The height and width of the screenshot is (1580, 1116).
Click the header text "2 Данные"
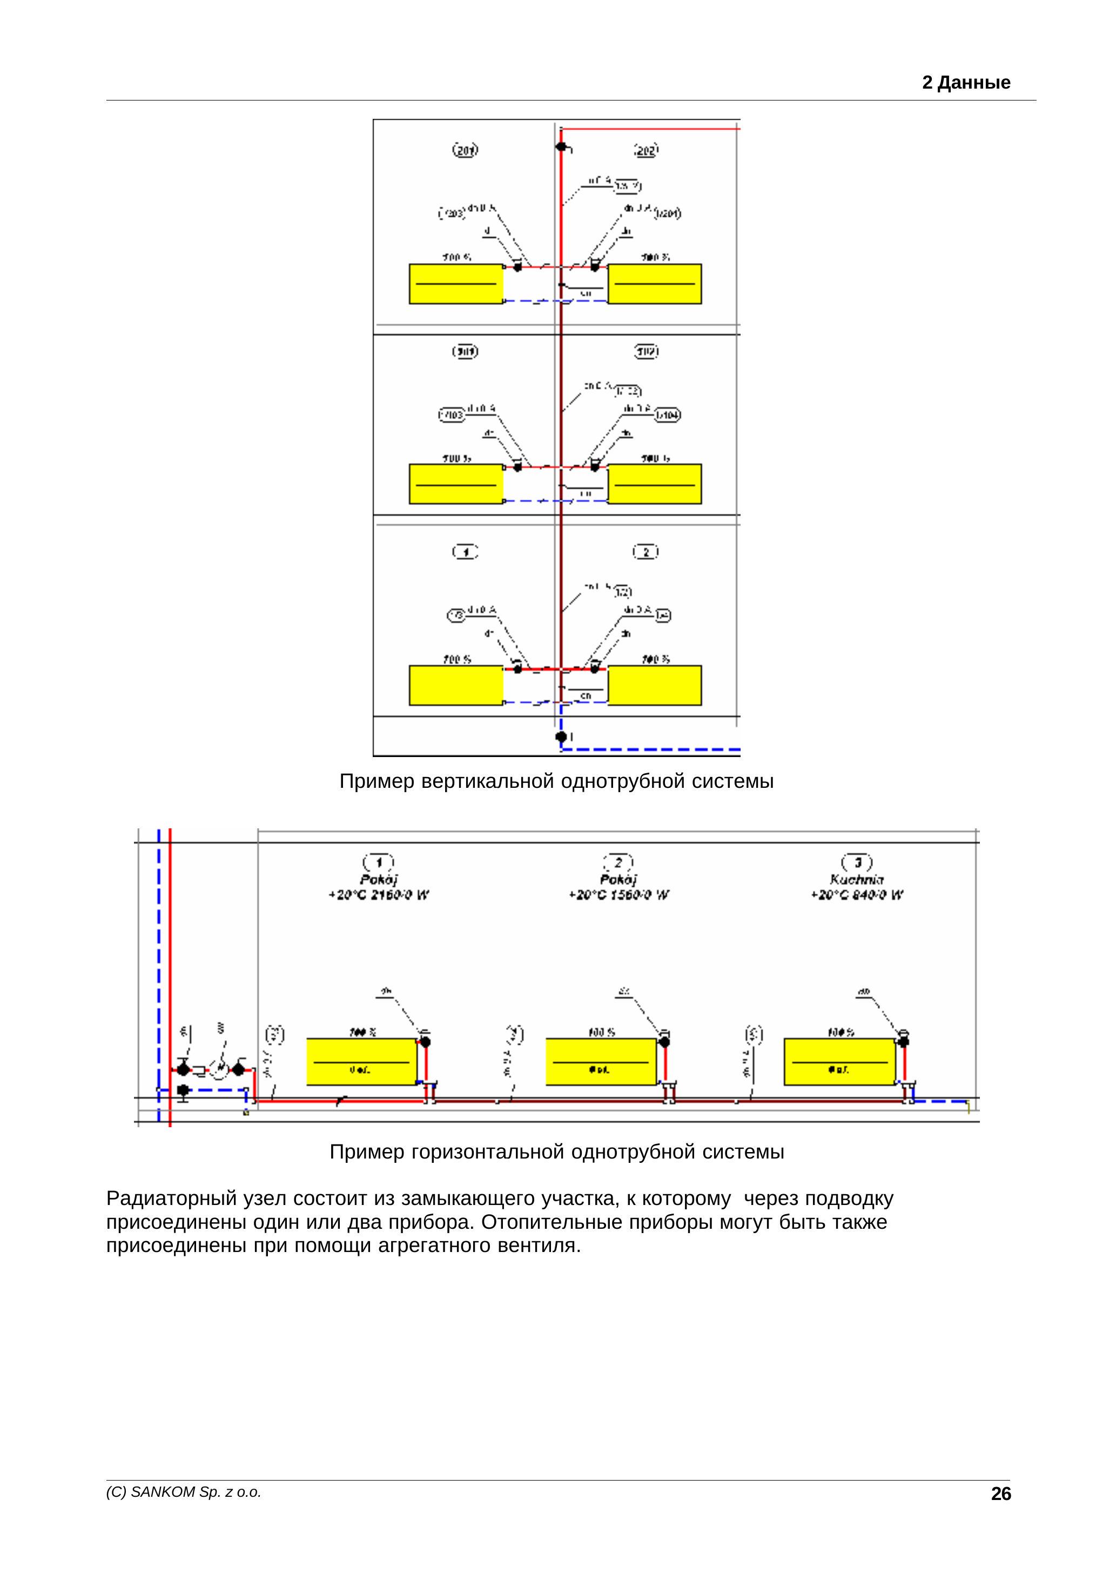pos(965,83)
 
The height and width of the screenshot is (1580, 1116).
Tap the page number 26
pos(1000,1494)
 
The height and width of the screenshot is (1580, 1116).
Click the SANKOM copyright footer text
pos(184,1492)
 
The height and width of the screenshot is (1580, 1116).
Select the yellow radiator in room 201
pos(456,284)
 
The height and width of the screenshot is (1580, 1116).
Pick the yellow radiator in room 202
pos(654,284)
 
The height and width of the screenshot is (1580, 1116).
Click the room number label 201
pos(465,150)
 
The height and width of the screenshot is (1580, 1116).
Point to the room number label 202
pos(646,150)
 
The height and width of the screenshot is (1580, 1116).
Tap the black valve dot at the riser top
pos(561,146)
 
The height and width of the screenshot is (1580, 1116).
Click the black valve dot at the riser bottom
pos(561,737)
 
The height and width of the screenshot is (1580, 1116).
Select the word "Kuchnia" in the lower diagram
pos(857,880)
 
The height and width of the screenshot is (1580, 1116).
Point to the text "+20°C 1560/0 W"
pos(618,895)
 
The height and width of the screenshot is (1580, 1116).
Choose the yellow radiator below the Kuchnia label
pos(839,1062)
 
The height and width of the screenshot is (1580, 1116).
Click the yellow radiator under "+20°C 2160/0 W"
pos(362,1062)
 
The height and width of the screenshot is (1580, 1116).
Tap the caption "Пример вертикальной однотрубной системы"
pos(556,781)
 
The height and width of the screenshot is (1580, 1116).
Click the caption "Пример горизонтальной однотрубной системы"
pos(556,1151)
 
